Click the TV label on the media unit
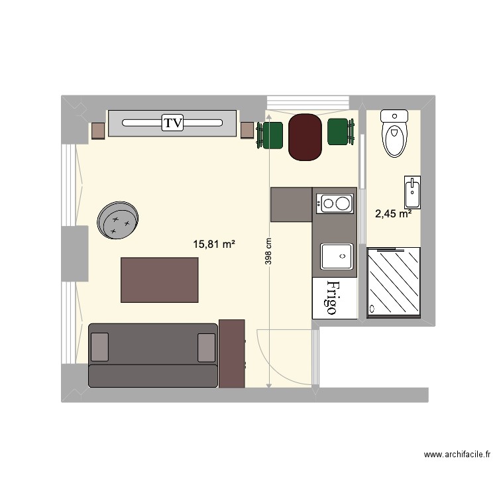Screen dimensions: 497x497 point(173,123)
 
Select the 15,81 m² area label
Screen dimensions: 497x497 point(214,245)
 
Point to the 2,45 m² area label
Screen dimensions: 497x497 point(393,213)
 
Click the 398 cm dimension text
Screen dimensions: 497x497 point(268,251)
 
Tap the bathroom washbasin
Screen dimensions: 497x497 point(411,193)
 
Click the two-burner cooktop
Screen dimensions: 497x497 point(334,202)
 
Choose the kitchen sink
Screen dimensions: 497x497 point(336,256)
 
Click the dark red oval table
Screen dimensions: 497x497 point(305,137)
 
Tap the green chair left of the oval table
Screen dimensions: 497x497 point(272,135)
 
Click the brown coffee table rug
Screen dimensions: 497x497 point(160,280)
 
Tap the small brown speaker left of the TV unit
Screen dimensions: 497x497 point(98,131)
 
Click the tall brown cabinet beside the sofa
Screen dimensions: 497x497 point(232,353)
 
